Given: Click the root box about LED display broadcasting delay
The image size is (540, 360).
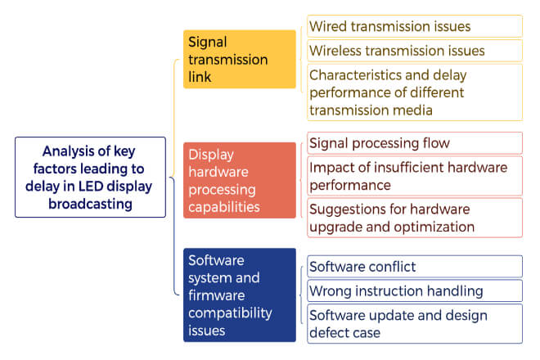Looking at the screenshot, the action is (x=90, y=177).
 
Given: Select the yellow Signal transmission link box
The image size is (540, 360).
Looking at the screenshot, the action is (x=240, y=59).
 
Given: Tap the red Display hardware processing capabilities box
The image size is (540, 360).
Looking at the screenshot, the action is (x=240, y=180).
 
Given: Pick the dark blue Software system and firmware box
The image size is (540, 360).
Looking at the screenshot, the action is (x=240, y=295).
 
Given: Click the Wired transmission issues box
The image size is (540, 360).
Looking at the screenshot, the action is (x=415, y=26).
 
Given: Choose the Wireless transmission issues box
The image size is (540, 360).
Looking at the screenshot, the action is (x=415, y=51).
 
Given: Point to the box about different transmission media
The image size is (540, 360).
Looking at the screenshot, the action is (x=415, y=92).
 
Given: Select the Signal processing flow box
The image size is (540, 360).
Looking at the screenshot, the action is (x=415, y=143).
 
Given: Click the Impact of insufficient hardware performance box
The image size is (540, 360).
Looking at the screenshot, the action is (x=415, y=176).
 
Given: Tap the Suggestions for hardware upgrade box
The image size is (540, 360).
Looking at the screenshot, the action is (x=415, y=218).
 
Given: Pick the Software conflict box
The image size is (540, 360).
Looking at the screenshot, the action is (x=415, y=266).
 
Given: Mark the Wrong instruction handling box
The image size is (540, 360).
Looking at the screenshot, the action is (x=415, y=290).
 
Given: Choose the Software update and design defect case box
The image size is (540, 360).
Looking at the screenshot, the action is (x=415, y=324).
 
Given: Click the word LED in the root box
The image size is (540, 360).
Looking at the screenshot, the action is (x=91, y=187).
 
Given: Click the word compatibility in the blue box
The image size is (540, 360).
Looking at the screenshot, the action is (x=230, y=313).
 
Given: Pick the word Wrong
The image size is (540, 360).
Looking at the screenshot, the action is (x=331, y=291).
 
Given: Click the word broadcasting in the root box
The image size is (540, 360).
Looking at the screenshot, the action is (x=90, y=204).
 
